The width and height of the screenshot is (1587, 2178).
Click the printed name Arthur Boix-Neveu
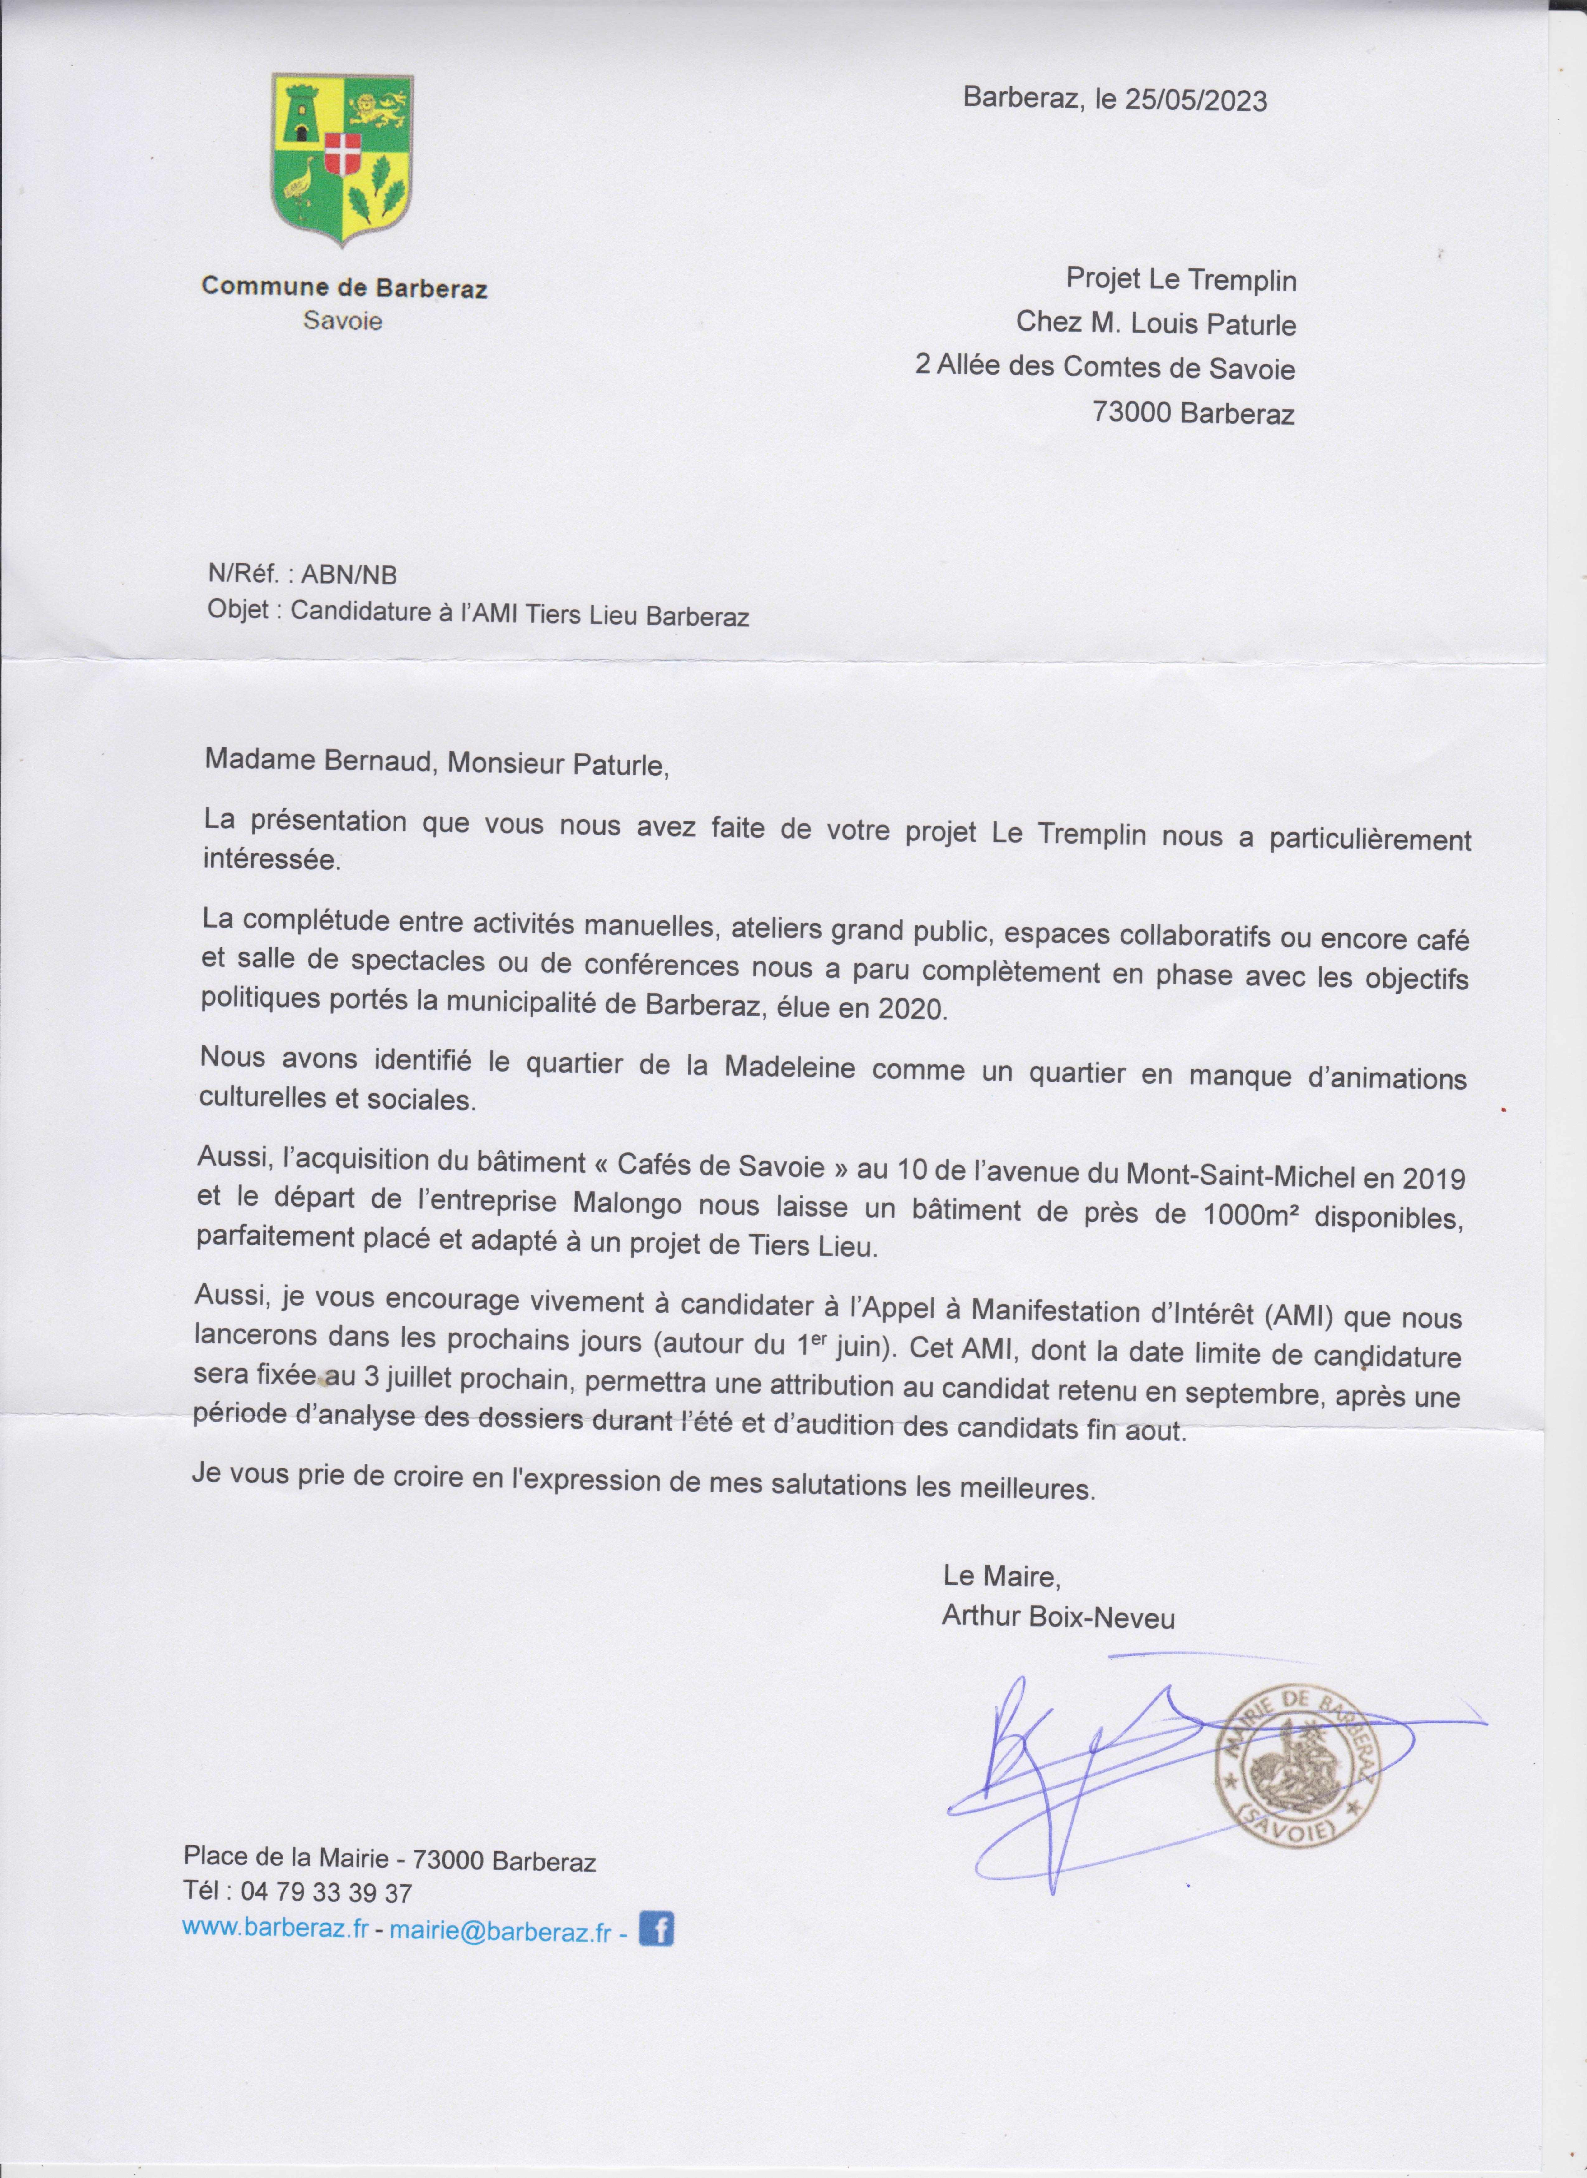[x=1058, y=1617]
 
